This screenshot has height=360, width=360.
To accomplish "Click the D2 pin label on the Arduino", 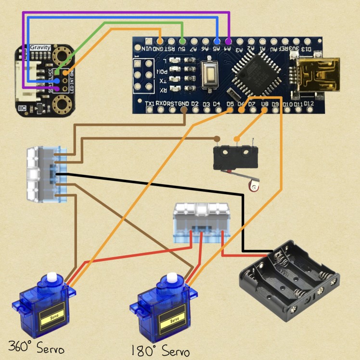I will click(194, 104).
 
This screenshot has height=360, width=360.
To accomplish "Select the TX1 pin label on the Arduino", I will click(150, 104).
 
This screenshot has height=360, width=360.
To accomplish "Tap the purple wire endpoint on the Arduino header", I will click(228, 41).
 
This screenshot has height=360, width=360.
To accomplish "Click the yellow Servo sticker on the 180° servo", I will click(172, 319).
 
